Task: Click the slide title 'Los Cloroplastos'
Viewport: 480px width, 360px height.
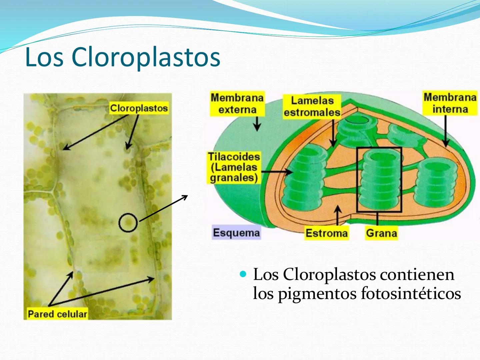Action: (123, 57)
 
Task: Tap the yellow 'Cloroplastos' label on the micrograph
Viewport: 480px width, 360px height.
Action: (139, 108)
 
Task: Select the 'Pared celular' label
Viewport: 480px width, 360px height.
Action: (57, 314)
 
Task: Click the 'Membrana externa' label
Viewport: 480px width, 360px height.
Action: (237, 104)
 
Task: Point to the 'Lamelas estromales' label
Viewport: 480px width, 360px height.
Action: (312, 107)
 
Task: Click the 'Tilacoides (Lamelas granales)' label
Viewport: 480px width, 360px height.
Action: (234, 167)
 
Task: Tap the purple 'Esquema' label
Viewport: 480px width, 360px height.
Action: (236, 233)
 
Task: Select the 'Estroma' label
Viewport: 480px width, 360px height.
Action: (326, 233)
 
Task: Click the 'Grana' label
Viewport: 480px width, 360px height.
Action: (381, 233)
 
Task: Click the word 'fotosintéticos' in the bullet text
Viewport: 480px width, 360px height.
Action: (411, 294)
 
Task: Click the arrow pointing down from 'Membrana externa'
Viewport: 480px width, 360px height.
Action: (257, 124)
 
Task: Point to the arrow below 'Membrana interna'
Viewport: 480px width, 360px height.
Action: (446, 131)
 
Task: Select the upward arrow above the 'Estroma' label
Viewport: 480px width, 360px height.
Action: (338, 216)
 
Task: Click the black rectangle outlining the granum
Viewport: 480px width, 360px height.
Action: (357, 180)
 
